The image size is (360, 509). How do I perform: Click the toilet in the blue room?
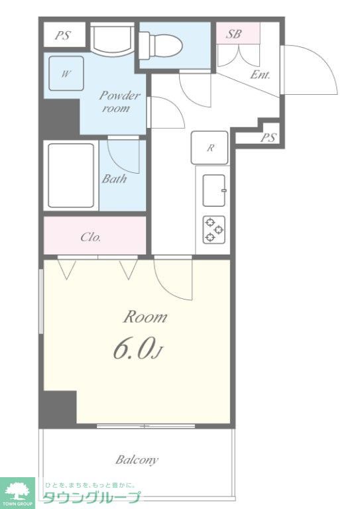point(160,45)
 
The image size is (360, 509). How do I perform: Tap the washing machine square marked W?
point(66,74)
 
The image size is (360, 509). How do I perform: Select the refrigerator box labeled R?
point(210,148)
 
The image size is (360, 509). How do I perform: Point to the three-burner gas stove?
point(214,229)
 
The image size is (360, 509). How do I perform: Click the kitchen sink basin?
point(214,190)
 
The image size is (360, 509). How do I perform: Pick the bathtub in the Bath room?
point(71,175)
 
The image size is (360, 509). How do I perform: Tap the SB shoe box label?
point(234,34)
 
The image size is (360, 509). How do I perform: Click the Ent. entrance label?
point(260,75)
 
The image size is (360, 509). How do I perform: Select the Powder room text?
point(119,101)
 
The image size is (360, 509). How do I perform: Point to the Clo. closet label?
point(91,237)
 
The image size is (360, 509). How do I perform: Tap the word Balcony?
point(137,460)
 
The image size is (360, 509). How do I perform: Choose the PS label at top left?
point(62,35)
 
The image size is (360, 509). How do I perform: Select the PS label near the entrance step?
point(268,137)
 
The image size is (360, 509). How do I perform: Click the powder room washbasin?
point(112,40)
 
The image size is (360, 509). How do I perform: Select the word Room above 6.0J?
point(145,317)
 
